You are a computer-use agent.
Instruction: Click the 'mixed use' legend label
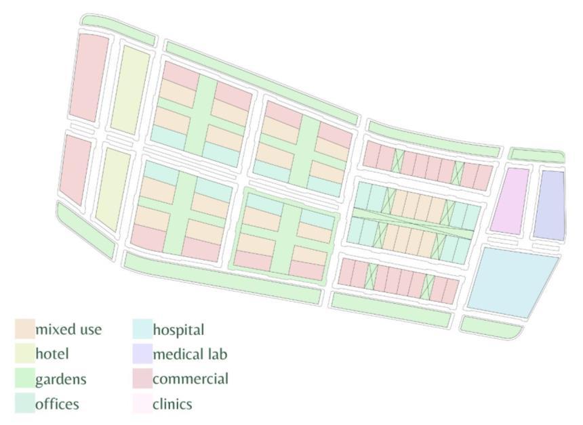coord(68,330)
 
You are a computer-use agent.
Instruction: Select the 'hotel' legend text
coord(52,353)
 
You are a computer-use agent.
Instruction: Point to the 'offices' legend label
coord(57,404)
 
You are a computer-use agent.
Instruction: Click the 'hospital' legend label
coord(178,330)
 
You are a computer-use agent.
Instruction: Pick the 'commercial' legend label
coord(190,378)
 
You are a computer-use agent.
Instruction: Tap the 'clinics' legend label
coord(172,404)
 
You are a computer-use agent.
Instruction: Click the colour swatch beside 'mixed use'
coord(24,329)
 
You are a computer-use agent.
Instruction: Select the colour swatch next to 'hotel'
coord(24,353)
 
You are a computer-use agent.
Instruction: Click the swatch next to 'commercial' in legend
coord(142,378)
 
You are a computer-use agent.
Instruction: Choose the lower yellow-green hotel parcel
coord(113,189)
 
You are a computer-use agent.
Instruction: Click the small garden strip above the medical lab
coord(536,155)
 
